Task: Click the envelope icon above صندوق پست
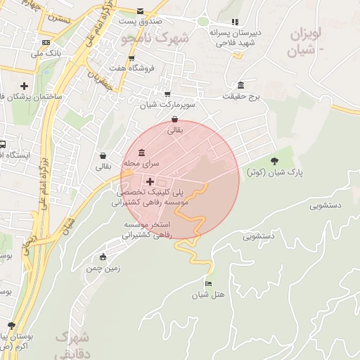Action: click(x=141, y=11)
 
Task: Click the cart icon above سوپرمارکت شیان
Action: click(x=167, y=94)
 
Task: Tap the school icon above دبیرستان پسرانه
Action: click(x=235, y=22)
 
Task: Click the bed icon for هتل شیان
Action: click(x=207, y=283)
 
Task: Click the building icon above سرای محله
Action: click(x=142, y=153)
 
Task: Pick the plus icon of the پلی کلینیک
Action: click(x=150, y=181)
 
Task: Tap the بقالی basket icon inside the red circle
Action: click(x=174, y=120)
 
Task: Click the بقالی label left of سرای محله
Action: click(x=103, y=167)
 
